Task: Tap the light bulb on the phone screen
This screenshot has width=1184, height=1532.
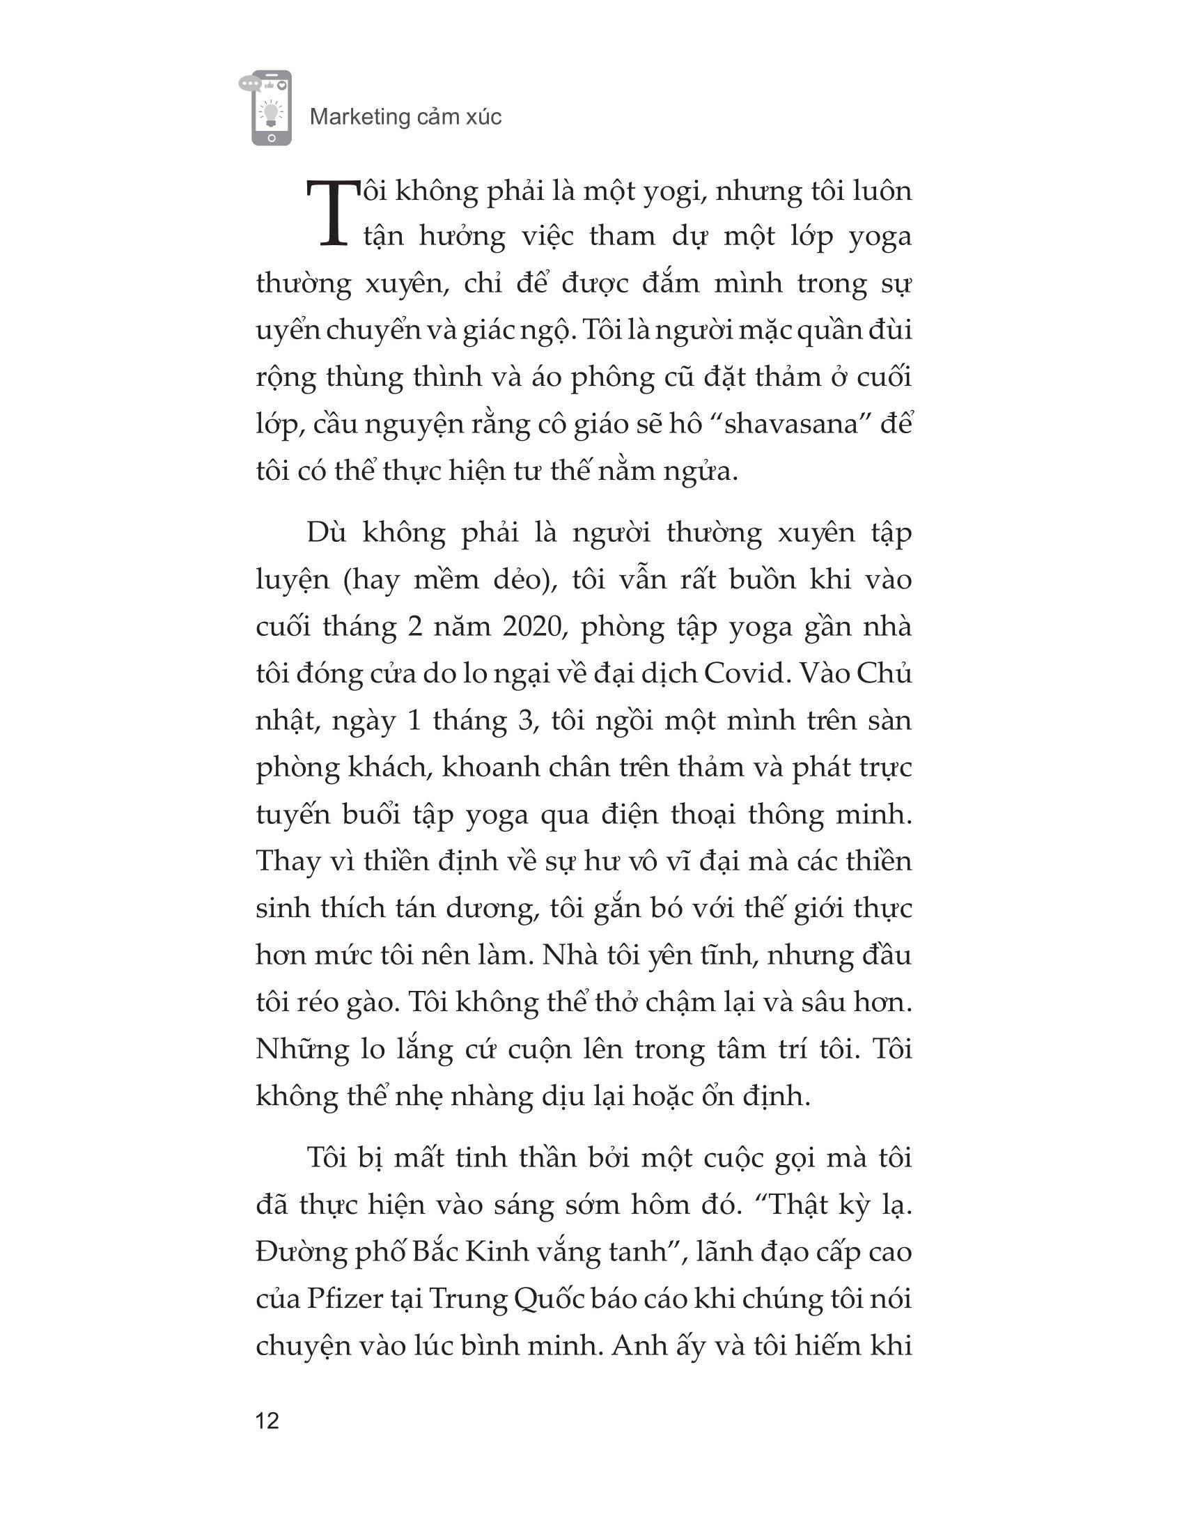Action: point(271,111)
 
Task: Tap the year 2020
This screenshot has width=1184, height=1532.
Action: point(533,627)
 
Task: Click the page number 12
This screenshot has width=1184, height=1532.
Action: point(268,1420)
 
